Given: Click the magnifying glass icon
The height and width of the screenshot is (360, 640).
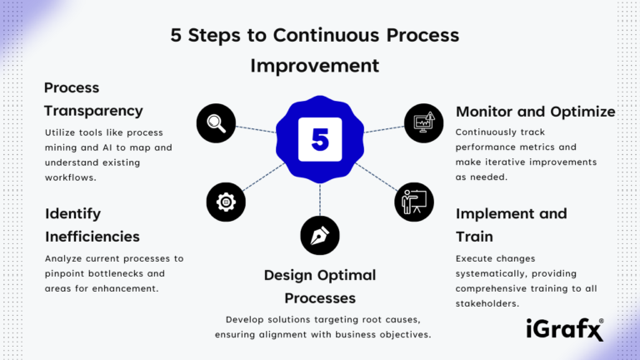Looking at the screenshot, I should pos(217,123).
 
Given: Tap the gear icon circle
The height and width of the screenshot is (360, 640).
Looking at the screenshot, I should pos(227,201).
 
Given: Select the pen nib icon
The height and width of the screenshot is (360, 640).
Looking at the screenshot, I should pos(320,235).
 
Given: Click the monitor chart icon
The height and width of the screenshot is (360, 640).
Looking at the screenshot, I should pos(424,123).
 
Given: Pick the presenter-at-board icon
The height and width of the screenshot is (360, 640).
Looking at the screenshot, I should pos(414,202).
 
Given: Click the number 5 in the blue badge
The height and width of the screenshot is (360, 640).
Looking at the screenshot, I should pos(320,138).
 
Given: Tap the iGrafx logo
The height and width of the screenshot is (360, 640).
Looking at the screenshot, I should pos(565,329).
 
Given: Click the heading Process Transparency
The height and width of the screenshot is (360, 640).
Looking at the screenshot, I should pos(93,98).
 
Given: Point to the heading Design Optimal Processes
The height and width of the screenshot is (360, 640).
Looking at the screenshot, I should pos(320,286).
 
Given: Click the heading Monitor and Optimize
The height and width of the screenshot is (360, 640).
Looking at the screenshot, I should pos(535,111).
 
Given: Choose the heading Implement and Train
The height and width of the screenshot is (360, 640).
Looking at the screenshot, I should pos(511,225).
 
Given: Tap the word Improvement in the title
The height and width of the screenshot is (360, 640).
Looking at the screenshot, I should pos(315,65).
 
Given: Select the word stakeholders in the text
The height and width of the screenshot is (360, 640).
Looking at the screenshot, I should pos(487,303).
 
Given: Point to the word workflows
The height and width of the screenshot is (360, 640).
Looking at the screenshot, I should pos(71,177).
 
